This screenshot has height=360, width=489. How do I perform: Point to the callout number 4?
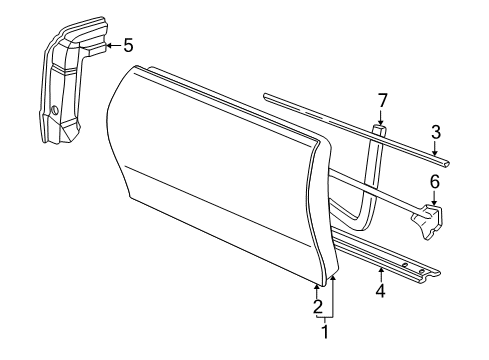point(380,291)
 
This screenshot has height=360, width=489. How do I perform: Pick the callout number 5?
point(127,44)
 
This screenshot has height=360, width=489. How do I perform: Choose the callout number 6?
point(435,181)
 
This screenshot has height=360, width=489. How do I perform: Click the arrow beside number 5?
point(106,44)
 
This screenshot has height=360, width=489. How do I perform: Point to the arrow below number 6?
point(435,198)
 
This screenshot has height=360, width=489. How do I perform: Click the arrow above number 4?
point(380,273)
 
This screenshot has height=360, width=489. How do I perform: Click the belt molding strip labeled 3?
point(350,126)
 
